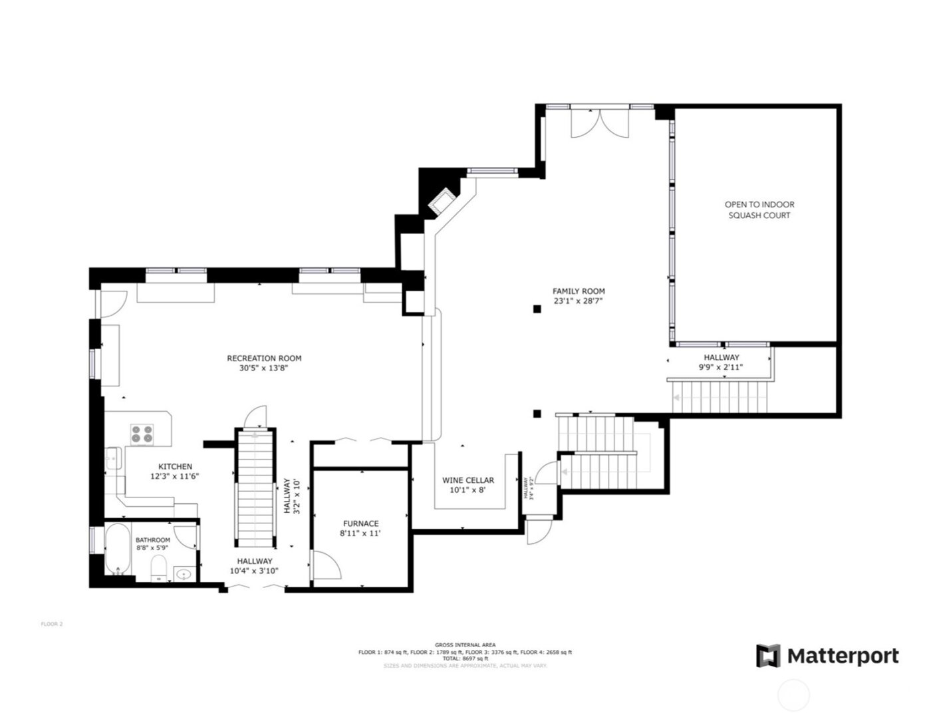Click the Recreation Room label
coord(264,359)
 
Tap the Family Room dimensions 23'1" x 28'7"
coord(579,301)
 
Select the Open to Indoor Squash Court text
coord(759,210)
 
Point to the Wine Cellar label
coord(468,480)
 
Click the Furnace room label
coord(360,523)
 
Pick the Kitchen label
coord(175,466)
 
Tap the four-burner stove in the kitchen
coord(142,434)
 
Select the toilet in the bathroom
coord(158,568)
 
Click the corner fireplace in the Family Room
coord(440,202)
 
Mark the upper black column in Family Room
coord(536,308)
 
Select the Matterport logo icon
coord(767,656)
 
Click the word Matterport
coord(843,656)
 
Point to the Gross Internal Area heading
coord(465,645)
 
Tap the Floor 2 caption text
coord(51,624)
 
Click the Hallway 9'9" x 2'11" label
coord(721,362)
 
